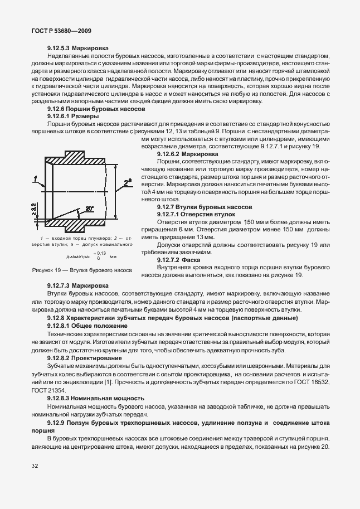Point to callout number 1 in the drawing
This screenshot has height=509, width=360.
point(35,178)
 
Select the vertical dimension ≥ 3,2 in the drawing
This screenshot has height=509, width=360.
point(34,210)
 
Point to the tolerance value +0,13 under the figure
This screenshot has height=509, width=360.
point(101,253)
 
